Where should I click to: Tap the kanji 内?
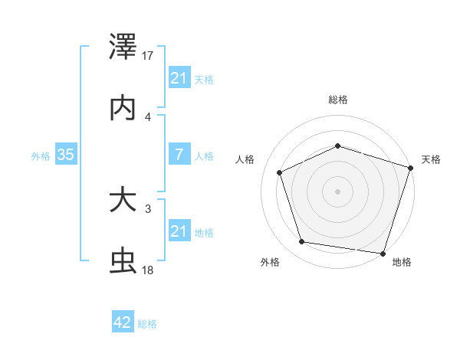(123, 107)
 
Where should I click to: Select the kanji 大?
(123, 201)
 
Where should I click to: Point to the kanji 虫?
(123, 261)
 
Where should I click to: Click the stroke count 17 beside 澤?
(148, 56)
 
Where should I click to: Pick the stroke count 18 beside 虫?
(148, 270)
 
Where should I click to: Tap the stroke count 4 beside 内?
(148, 116)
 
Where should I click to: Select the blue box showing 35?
(66, 155)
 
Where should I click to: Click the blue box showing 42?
(123, 322)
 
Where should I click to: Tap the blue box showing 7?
(179, 155)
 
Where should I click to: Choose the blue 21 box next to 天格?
(179, 78)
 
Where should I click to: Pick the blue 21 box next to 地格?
(179, 231)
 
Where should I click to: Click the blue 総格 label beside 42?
(147, 324)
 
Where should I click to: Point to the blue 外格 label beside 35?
(41, 156)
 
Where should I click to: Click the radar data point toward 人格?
(280, 172)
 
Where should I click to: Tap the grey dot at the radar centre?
(337, 191)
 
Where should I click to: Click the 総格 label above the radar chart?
(337, 100)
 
